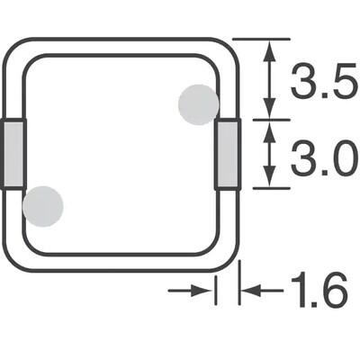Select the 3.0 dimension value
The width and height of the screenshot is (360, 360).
click(319, 162)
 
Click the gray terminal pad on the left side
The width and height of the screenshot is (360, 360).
click(13, 155)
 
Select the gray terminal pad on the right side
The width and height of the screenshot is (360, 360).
click(229, 155)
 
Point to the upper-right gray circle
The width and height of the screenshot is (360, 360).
click(198, 103)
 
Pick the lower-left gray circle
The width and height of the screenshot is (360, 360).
click(42, 206)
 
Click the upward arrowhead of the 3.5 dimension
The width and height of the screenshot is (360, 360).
click(269, 49)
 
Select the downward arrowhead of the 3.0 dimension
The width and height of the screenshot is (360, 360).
click(269, 178)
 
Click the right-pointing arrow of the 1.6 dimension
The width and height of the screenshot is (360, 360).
click(206, 290)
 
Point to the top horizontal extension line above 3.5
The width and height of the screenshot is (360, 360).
click(261, 39)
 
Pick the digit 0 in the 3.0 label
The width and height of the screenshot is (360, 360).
click(337, 162)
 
